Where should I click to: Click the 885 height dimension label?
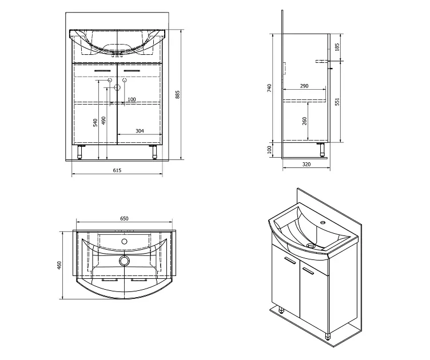click(x=178, y=94)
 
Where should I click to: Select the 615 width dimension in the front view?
click(x=117, y=170)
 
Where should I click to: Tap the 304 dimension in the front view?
click(x=140, y=131)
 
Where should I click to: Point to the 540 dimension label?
click(x=95, y=122)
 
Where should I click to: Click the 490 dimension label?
click(x=103, y=121)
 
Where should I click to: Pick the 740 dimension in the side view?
click(x=269, y=88)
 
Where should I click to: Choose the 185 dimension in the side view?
click(x=337, y=47)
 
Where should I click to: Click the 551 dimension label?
click(x=337, y=101)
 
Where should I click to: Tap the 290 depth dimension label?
click(x=304, y=86)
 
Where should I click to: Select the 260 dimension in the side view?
click(x=304, y=121)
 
